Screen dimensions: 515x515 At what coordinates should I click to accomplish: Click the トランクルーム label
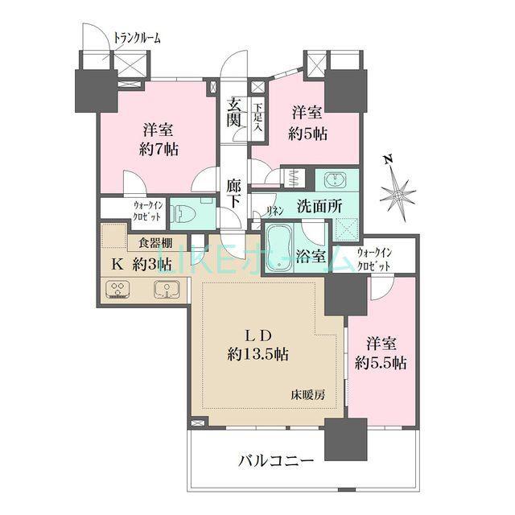138,39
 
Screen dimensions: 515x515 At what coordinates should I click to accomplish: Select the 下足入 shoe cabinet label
258,117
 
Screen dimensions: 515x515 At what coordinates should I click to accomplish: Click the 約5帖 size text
307,134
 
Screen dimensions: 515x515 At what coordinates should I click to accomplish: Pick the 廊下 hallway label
234,194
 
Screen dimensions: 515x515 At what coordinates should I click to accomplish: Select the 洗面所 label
319,207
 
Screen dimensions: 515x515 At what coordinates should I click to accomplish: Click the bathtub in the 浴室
279,247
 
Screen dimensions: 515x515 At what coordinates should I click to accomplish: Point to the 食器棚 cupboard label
154,243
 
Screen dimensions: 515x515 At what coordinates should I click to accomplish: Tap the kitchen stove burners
118,289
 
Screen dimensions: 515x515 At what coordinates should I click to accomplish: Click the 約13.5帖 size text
257,354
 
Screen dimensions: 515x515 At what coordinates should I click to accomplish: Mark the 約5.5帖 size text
381,363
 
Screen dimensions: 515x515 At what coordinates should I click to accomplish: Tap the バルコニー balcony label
276,462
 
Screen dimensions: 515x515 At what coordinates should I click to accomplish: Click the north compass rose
398,195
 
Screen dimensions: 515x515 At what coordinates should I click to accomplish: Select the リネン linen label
274,212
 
